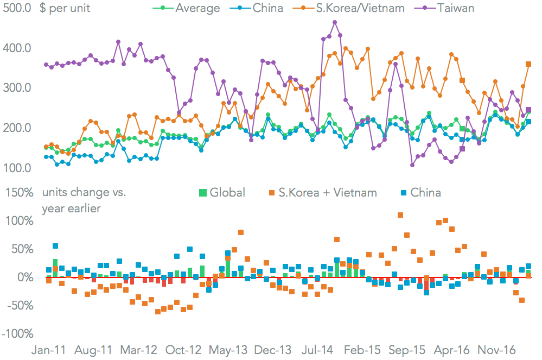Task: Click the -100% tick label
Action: click(x=17, y=333)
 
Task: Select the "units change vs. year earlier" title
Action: click(x=84, y=200)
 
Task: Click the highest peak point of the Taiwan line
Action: click(x=335, y=23)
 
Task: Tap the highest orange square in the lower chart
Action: click(x=400, y=215)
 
